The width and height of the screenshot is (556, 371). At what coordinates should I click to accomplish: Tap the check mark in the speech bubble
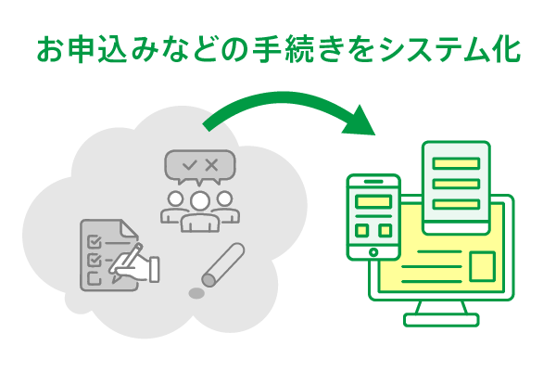point(190,165)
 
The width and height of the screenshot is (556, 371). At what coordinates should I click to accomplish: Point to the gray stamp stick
point(222,263)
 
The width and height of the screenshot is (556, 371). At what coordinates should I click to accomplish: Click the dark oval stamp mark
point(196,294)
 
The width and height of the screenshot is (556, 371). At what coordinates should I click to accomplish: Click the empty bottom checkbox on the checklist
point(92,277)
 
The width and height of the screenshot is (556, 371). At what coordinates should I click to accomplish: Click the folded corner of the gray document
point(132,228)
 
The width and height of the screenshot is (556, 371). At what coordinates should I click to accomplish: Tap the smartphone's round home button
point(373,251)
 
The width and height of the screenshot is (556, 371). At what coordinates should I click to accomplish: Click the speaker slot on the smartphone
point(373,184)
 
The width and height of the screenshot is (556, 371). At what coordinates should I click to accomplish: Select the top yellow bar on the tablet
point(456,163)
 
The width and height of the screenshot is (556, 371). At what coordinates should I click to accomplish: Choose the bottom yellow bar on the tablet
point(456,204)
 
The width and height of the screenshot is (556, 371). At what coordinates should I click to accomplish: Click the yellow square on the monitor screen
point(483,267)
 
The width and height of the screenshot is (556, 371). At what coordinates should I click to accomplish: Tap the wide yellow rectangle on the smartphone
point(373,201)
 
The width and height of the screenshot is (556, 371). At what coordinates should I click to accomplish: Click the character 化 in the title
point(506,49)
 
